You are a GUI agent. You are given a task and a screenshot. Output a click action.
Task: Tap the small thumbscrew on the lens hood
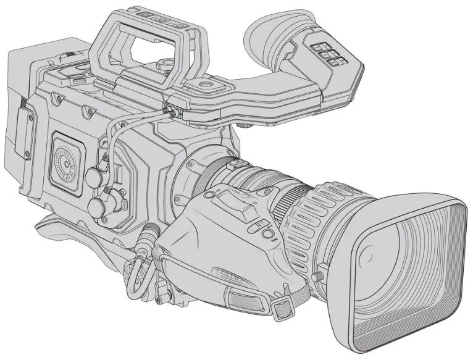click(x=321, y=272)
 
